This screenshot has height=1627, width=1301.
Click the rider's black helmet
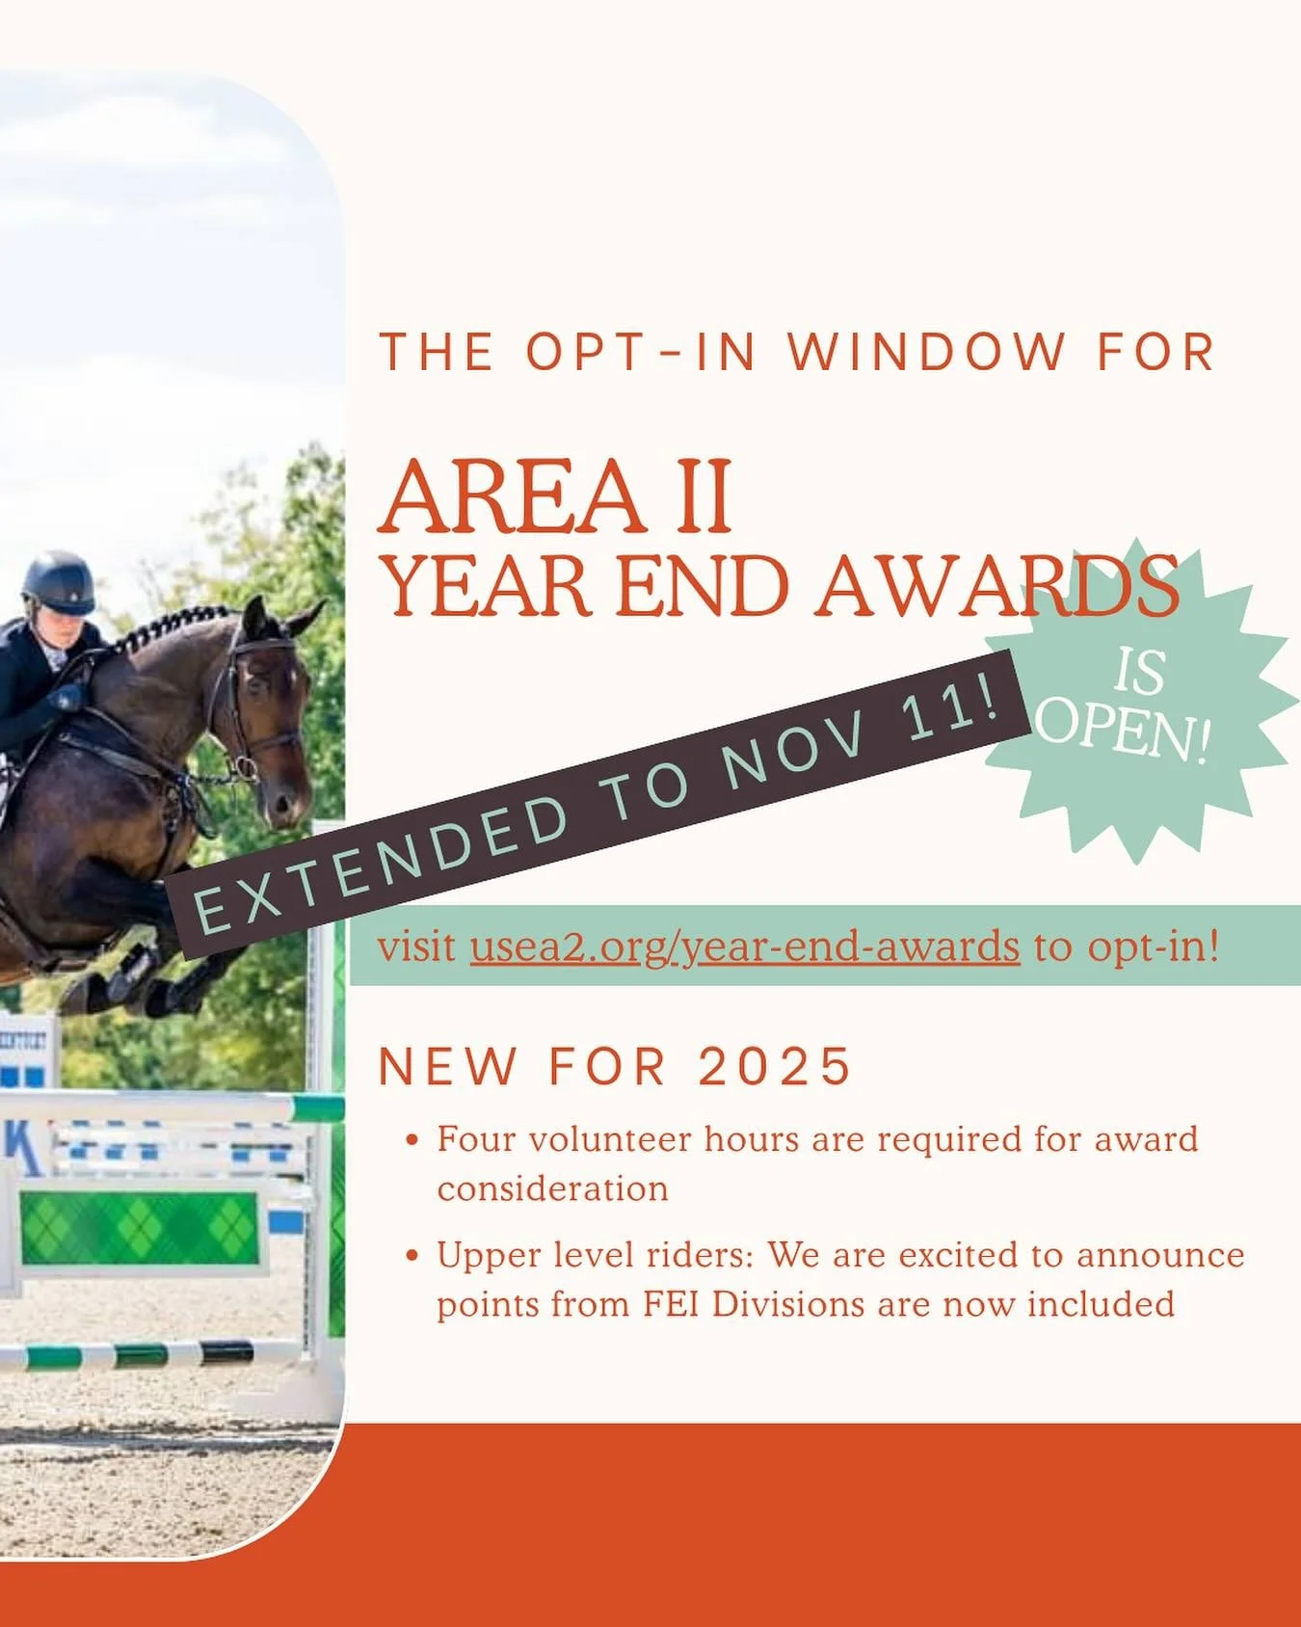tap(59, 580)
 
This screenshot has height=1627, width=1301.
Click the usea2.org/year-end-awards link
tap(744, 947)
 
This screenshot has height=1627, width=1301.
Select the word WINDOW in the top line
tap(926, 352)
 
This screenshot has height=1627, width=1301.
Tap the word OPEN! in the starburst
tap(1124, 732)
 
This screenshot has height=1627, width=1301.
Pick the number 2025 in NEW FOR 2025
tap(775, 1067)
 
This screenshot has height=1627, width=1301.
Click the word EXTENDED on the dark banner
tap(382, 860)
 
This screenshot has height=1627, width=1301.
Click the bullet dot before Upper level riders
tap(412, 1257)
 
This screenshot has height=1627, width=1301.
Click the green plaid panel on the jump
tap(139, 1228)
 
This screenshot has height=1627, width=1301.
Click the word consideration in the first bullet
tap(552, 1188)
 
